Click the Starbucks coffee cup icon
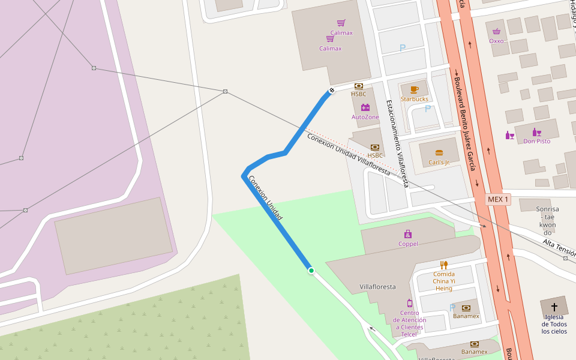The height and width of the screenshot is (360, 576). (415, 89)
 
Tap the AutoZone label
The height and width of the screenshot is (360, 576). (365, 117)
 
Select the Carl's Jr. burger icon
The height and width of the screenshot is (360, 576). (439, 153)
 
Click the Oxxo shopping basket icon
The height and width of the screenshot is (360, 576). (496, 32)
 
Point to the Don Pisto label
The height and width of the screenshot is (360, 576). (536, 142)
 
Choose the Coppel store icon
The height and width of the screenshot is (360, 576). (408, 234)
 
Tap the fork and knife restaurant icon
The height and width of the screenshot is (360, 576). (444, 265)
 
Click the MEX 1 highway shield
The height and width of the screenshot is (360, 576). (498, 199)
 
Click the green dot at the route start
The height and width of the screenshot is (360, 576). (311, 271)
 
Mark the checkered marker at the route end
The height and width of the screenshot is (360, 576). (331, 91)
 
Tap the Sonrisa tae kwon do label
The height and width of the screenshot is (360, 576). (547, 220)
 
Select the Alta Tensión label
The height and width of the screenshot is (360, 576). (559, 248)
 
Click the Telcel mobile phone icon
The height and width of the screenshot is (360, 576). (409, 303)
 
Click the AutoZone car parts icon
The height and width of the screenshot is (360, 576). (365, 108)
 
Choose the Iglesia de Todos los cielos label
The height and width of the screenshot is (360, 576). (554, 324)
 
